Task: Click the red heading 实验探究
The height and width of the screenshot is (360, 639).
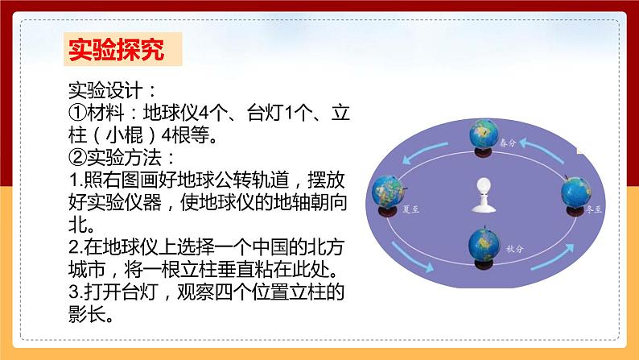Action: tap(114, 51)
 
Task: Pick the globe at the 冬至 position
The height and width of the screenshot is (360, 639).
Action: tap(579, 192)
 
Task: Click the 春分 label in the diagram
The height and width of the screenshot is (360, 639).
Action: tap(507, 143)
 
